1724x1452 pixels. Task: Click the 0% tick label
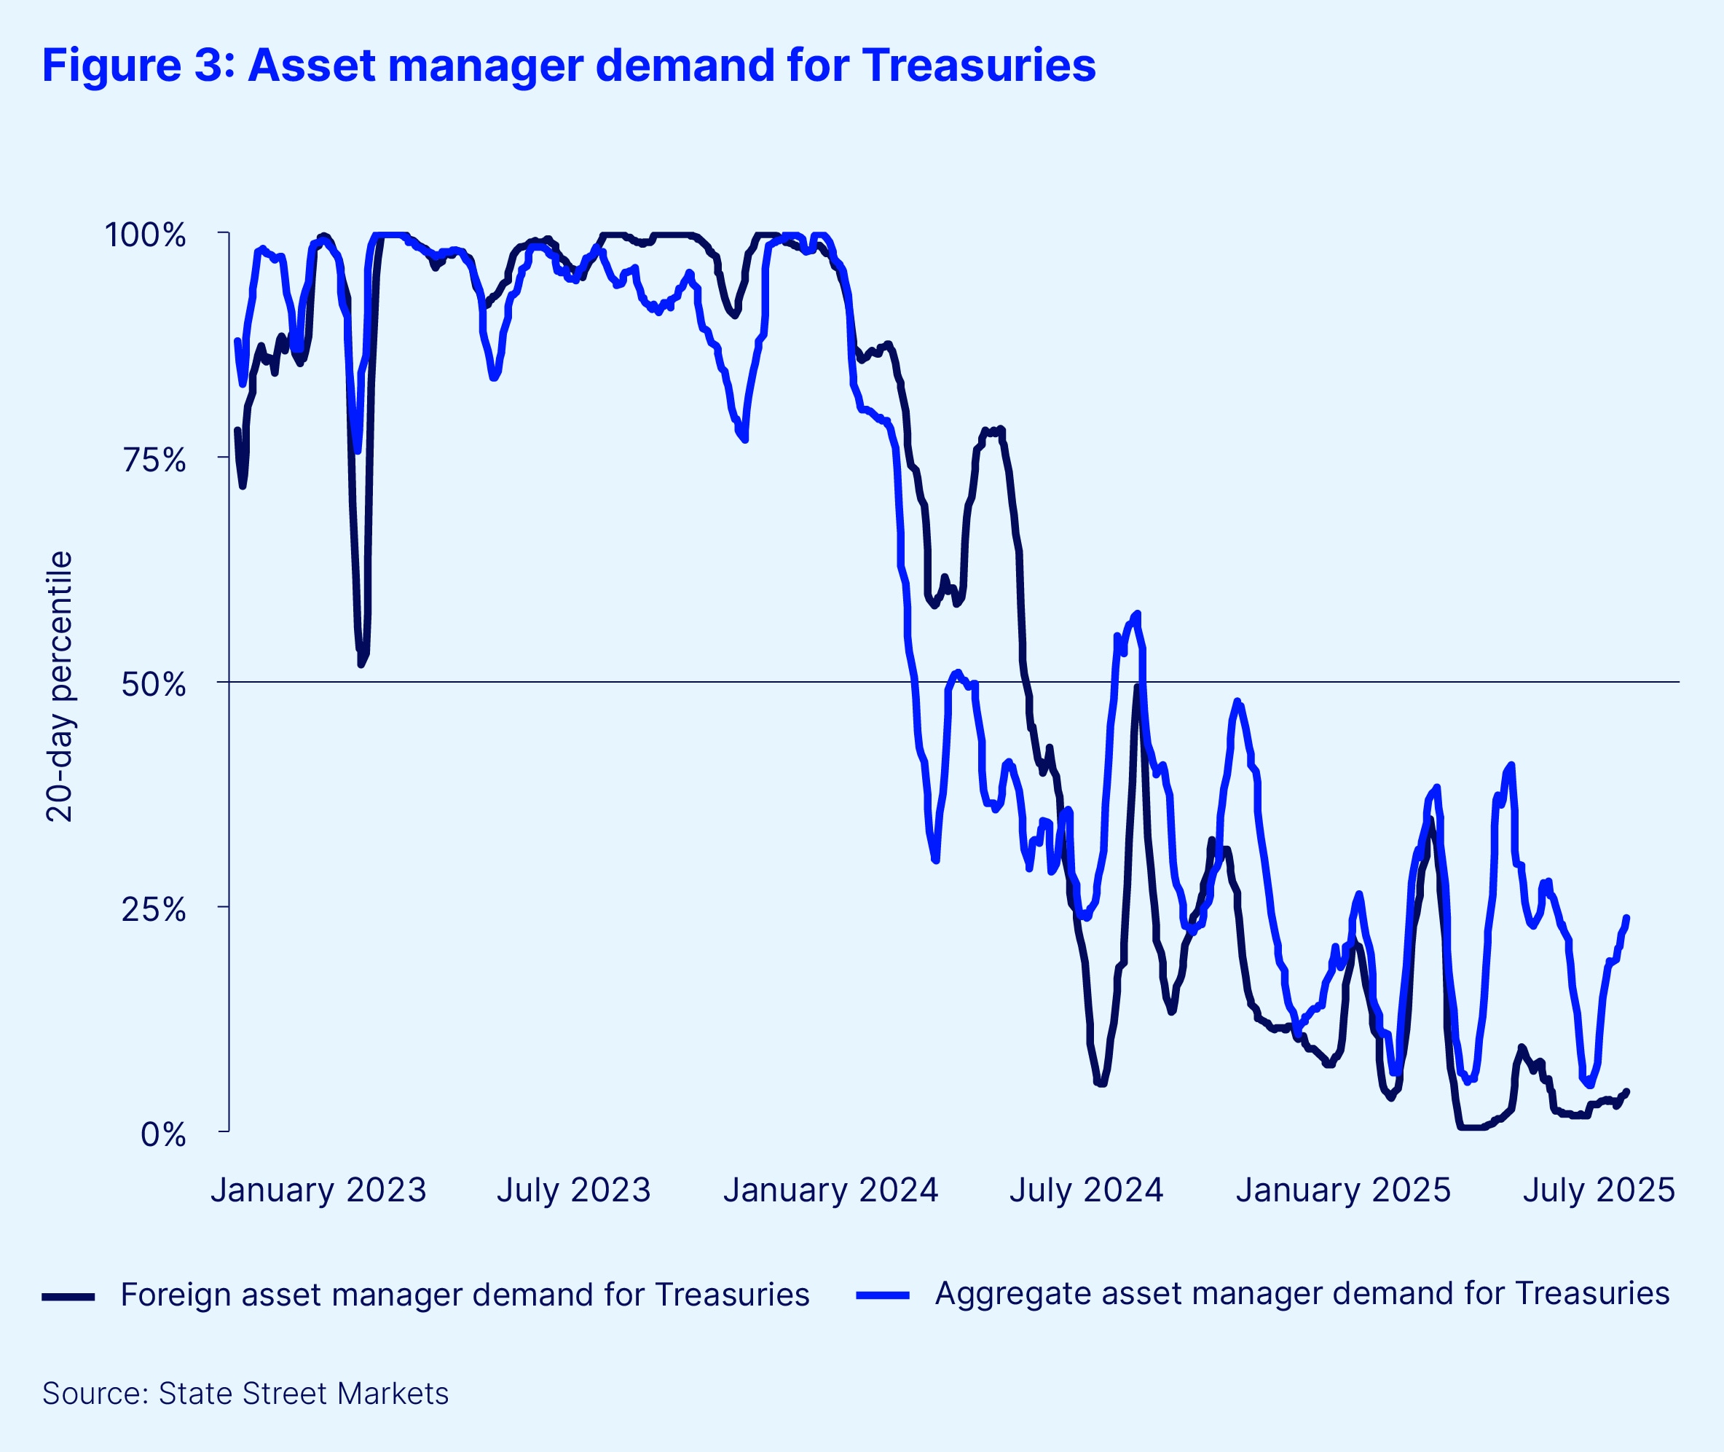(x=163, y=1134)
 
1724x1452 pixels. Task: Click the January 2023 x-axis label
(x=318, y=1190)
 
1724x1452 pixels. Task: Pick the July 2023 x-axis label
(x=573, y=1190)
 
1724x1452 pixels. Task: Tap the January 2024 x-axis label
(x=830, y=1190)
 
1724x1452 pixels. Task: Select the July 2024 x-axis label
(x=1086, y=1190)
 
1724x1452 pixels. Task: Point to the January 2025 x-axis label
(x=1343, y=1190)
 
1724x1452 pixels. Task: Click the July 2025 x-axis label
(x=1598, y=1190)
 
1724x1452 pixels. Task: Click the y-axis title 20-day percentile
(x=59, y=686)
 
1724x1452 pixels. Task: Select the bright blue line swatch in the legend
(x=882, y=1295)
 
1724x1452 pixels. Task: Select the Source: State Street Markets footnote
(x=245, y=1394)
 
